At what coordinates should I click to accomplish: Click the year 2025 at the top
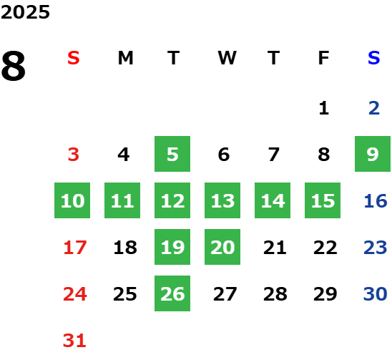25,12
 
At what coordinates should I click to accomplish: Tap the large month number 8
14,66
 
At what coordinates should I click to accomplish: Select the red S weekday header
74,58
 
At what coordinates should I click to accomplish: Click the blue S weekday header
374,58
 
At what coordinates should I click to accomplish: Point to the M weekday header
125,58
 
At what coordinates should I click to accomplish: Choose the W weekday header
227,58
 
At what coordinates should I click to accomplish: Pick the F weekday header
324,58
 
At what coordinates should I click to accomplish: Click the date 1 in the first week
324,108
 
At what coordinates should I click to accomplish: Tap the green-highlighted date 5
172,154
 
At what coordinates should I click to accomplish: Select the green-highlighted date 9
373,154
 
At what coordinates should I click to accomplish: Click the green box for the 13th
222,200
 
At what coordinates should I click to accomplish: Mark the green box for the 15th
323,200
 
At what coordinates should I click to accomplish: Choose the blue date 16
376,200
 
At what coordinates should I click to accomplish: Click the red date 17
75,248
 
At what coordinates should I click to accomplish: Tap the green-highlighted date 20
222,247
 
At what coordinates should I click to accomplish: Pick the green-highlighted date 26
172,293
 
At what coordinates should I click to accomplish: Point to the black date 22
325,248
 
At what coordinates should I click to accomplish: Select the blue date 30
376,293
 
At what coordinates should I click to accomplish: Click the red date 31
74,341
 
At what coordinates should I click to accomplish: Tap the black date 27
225,293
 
